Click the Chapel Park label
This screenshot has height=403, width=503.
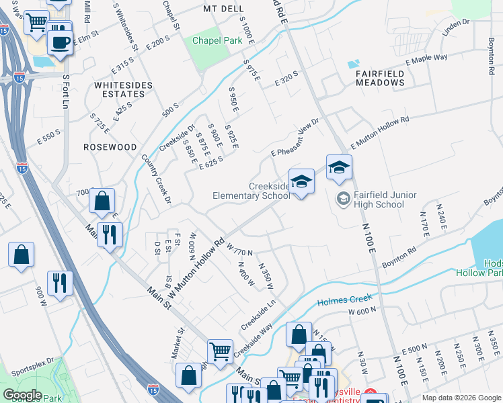[x=217, y=40]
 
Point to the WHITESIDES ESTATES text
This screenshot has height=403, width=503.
[x=120, y=89]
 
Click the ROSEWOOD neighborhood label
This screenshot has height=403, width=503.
[x=110, y=146]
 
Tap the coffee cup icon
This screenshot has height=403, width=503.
[x=60, y=43]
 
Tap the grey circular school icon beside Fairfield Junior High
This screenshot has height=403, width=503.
[x=343, y=199]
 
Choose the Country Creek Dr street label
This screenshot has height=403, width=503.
[x=157, y=179]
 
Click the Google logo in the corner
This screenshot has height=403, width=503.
[x=23, y=395]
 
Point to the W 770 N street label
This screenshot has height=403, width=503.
[x=239, y=249]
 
